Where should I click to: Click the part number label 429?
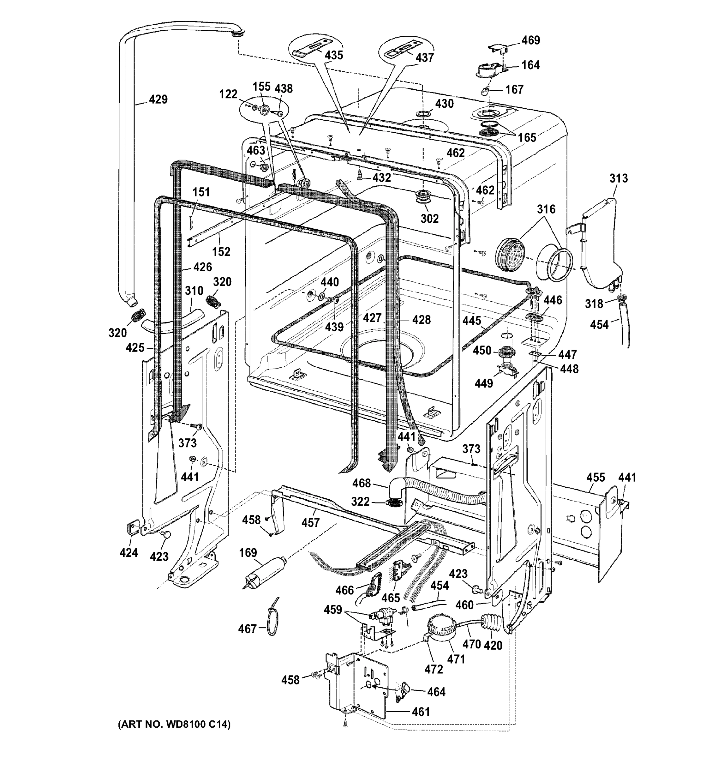(158, 99)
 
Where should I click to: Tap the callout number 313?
(618, 178)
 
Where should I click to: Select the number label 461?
(421, 712)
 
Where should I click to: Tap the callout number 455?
(595, 477)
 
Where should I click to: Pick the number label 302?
(429, 219)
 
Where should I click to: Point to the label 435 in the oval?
(334, 55)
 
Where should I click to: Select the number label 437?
(425, 57)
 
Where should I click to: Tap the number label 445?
(471, 321)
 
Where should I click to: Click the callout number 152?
(221, 252)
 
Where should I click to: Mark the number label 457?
(310, 522)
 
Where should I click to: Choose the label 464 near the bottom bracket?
(436, 692)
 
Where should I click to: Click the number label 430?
(445, 104)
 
